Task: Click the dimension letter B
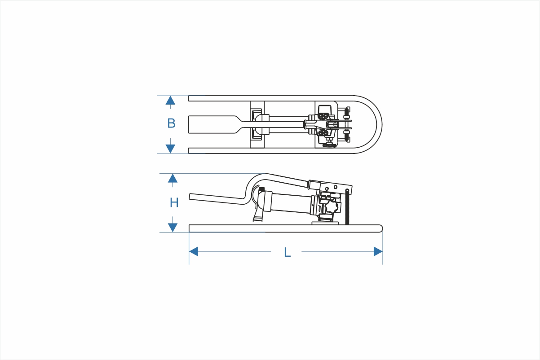[x=171, y=123]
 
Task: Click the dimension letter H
[x=174, y=202]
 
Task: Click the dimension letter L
[x=287, y=252]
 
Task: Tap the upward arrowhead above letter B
[x=170, y=101]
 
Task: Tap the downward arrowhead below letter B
[x=170, y=149]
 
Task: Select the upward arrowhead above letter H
[x=173, y=178]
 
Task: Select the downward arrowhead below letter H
[x=173, y=228]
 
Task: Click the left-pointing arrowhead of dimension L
[x=194, y=251]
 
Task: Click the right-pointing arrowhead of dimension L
[x=378, y=251]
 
